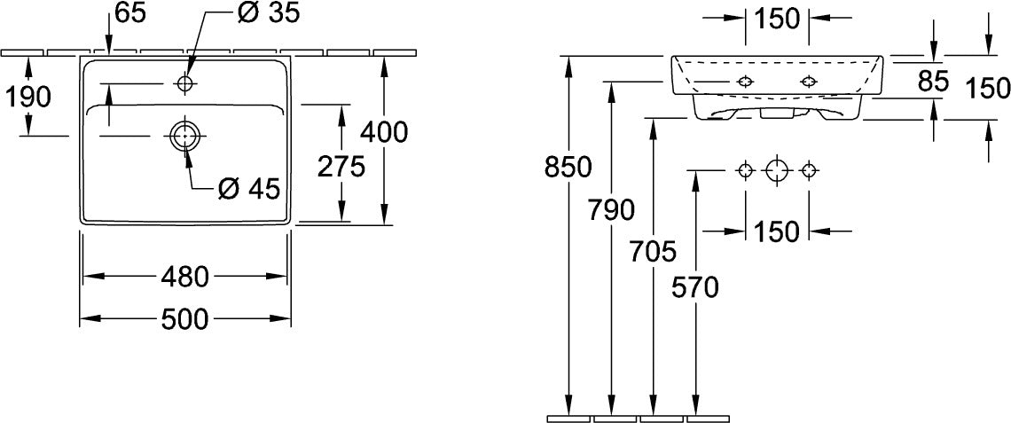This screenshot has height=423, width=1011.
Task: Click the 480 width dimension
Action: coord(185,277)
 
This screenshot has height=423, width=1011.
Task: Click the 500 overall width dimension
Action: coord(185,318)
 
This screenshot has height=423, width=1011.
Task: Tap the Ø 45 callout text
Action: coord(248,188)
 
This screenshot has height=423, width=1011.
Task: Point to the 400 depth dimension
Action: coord(384,133)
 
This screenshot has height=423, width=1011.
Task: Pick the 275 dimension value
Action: coord(341,167)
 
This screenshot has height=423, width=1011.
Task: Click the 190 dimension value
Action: coord(27,98)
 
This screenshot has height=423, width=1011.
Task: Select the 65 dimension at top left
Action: coord(131,13)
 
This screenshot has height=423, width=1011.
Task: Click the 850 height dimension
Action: coord(568,168)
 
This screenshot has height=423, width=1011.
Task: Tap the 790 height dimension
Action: coord(611,210)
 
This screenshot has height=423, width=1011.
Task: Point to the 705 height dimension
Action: coord(654,252)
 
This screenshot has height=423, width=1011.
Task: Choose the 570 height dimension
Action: coord(695,287)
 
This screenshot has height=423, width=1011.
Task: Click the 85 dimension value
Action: coord(933,81)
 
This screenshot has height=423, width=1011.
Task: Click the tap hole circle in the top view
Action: coord(185,83)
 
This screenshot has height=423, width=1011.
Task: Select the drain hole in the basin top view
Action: coord(185,136)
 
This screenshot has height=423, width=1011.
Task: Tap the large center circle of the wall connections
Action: coord(777,171)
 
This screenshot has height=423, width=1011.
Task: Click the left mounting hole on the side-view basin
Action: coord(745,82)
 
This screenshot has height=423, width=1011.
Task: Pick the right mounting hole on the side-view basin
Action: coord(809,82)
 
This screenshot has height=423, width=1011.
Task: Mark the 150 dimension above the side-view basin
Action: coord(777,20)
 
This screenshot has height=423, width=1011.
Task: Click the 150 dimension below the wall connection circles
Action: coord(777,231)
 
